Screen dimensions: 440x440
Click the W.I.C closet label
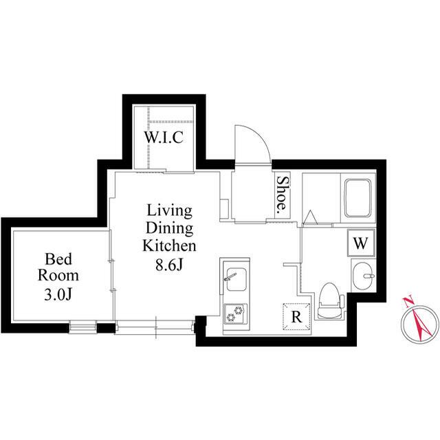tap(164, 137)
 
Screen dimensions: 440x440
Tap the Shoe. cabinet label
tap(282, 193)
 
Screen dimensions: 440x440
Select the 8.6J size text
tap(169, 264)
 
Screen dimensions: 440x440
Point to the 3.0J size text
tap(58, 294)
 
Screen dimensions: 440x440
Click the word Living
tap(170, 212)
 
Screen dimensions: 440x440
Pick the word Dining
tap(170, 229)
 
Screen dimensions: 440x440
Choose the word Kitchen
tap(170, 246)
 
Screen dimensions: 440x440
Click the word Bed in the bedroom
tap(58, 259)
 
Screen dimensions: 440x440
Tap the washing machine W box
tap(361, 243)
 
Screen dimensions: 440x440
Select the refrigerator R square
tap(296, 317)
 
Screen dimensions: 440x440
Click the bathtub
tap(357, 198)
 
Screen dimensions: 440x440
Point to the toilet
tap(329, 300)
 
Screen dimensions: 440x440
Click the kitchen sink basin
tap(236, 279)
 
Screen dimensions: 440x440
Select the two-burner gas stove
tap(235, 314)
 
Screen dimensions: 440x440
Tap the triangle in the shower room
tap(310, 218)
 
